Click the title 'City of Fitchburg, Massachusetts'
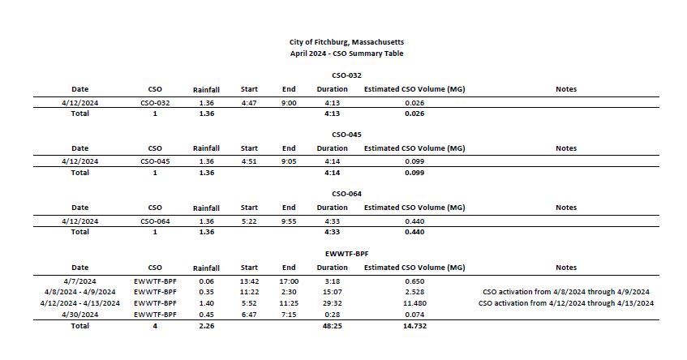point(346,41)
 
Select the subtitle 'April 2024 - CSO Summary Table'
point(346,54)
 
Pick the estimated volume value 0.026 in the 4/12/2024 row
point(414,103)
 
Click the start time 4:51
point(249,161)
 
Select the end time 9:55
point(289,221)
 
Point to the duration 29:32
point(332,303)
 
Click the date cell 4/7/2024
point(79,281)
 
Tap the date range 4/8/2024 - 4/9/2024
point(79,292)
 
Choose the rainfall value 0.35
point(206,292)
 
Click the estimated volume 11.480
point(414,303)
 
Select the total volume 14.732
point(414,326)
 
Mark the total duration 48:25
point(332,326)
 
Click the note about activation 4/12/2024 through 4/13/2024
point(566,303)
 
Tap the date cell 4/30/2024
point(79,314)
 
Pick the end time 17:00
point(289,281)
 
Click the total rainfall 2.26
point(206,326)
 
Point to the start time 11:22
point(249,292)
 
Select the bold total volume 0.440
point(414,232)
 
